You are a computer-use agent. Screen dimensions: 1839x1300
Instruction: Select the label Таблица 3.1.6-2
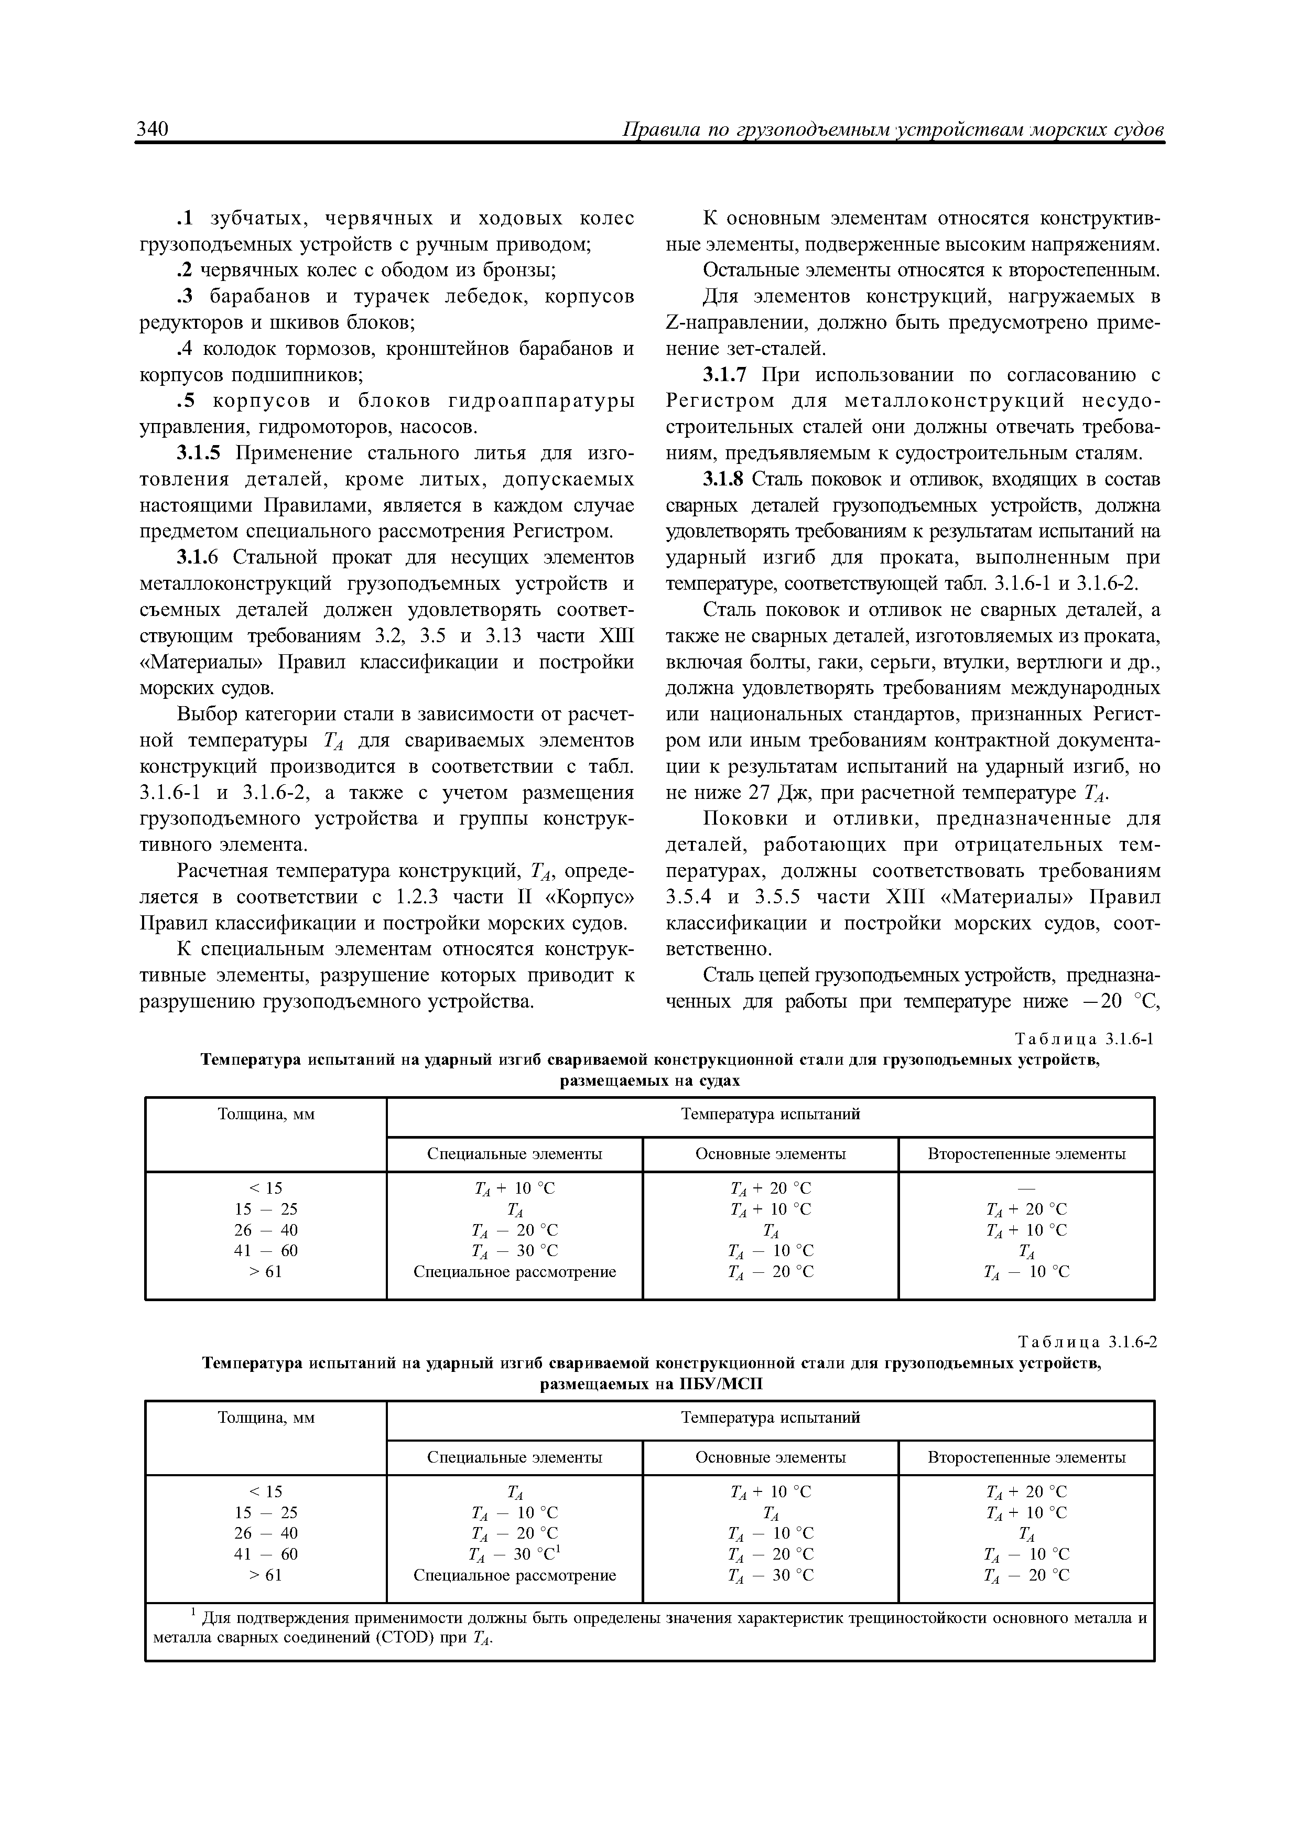tap(1087, 1343)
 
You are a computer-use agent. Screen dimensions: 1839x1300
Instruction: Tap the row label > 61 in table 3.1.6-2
tap(266, 1575)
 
